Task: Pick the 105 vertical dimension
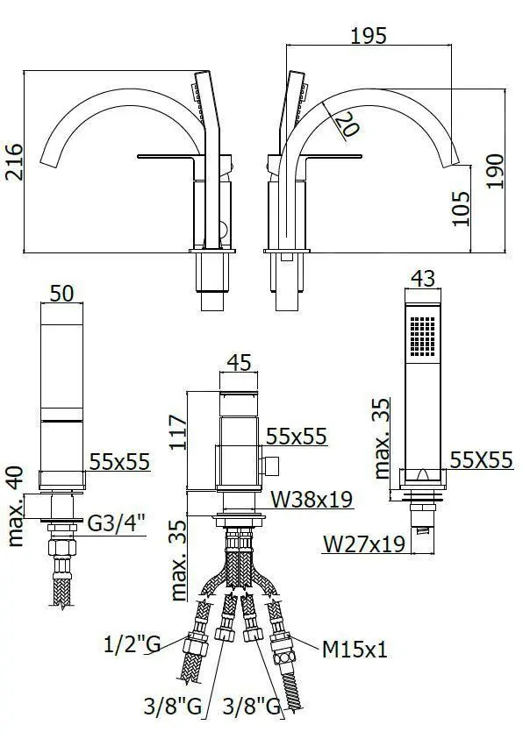[462, 208]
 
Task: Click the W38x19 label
[311, 500]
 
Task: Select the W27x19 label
[363, 544]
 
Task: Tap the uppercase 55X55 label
[481, 458]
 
